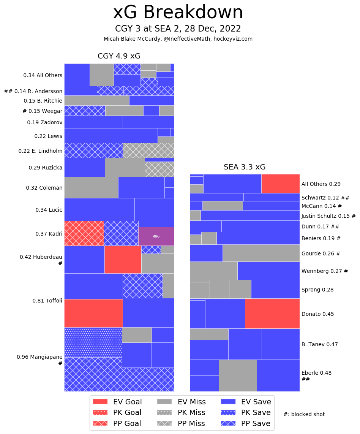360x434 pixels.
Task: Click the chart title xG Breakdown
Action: click(178, 13)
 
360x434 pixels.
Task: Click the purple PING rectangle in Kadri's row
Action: click(156, 236)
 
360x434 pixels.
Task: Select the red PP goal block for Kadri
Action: click(84, 233)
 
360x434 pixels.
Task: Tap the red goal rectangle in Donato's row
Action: click(272, 313)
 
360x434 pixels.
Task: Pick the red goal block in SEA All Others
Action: click(280, 184)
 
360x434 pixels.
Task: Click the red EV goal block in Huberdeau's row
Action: click(123, 259)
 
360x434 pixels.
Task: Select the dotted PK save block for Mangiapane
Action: click(93, 342)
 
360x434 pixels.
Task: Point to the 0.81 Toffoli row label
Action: click(47, 301)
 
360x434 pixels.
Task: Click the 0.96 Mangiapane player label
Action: click(39, 357)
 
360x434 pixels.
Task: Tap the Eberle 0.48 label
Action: click(316, 373)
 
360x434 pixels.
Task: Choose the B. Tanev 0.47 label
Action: click(319, 344)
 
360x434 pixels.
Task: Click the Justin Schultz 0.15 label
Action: click(328, 216)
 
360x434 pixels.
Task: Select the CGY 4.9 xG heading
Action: click(119, 56)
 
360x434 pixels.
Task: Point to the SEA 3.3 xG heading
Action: click(245, 167)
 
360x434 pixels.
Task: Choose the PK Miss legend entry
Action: click(182, 412)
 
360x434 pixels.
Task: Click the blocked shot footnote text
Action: click(304, 414)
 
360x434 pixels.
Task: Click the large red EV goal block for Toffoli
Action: click(93, 313)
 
